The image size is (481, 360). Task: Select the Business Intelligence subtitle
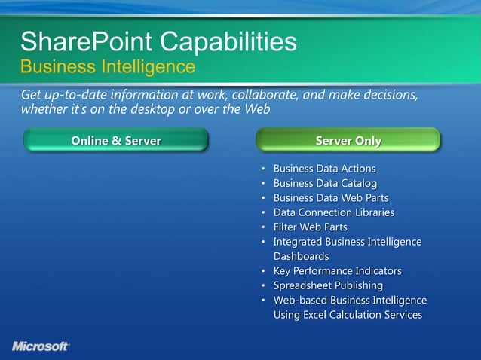[x=108, y=67]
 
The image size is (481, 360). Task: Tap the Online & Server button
[x=115, y=141]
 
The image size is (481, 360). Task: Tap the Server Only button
[x=348, y=141]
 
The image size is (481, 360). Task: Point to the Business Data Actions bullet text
[x=324, y=169]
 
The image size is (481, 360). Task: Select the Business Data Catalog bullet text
[x=325, y=183]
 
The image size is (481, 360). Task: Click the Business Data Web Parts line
[x=331, y=198]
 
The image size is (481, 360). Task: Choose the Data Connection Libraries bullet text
[x=333, y=212]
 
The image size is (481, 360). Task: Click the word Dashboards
[x=301, y=256]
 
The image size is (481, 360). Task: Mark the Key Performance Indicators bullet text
[x=337, y=270]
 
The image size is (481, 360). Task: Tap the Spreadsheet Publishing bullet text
[x=328, y=285]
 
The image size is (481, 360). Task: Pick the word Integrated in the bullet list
[x=297, y=242]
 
